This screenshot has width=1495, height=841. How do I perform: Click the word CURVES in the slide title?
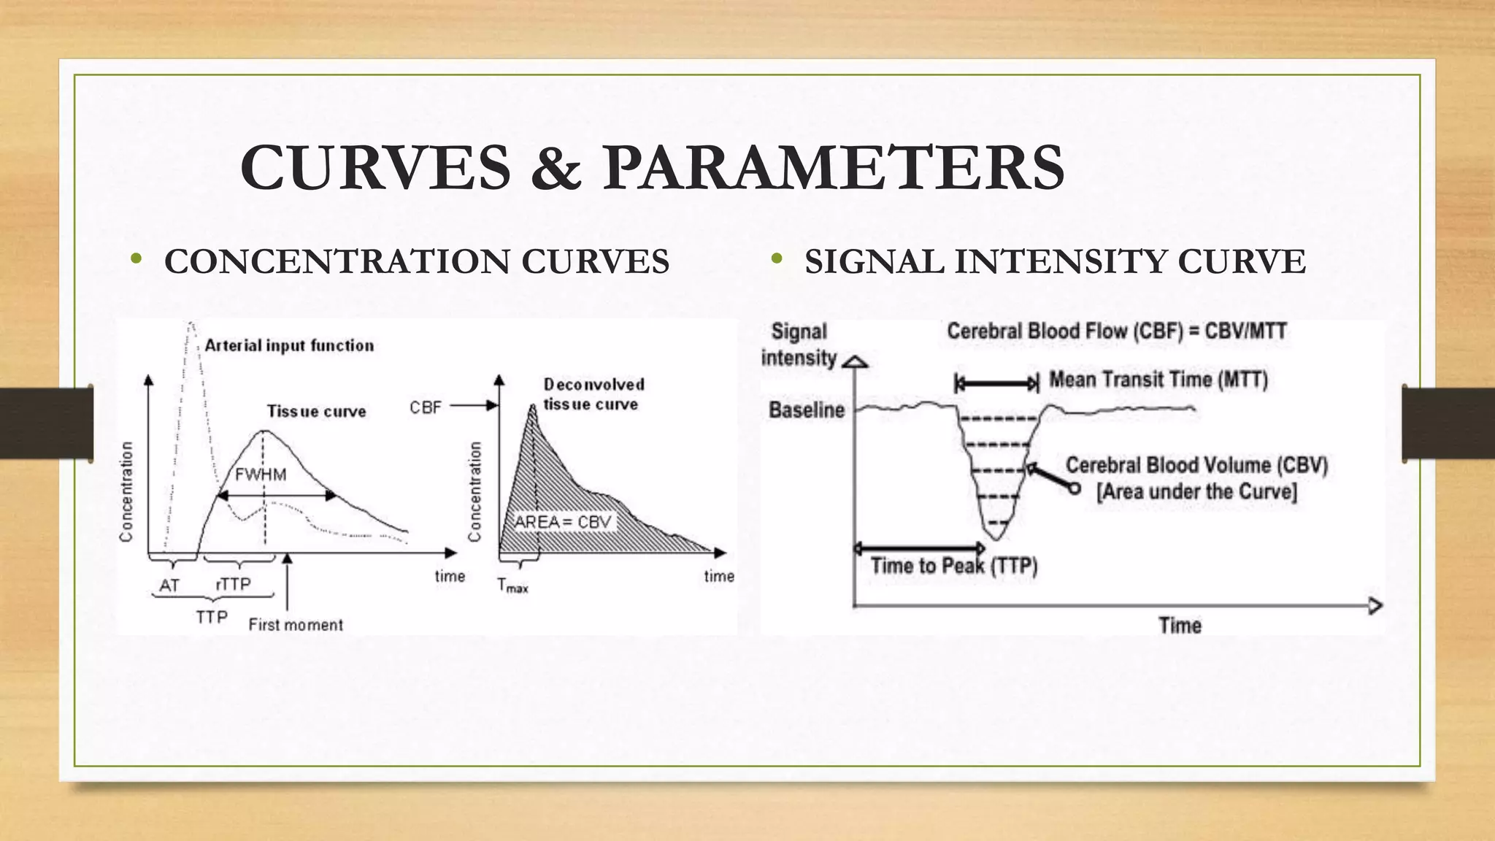(375, 167)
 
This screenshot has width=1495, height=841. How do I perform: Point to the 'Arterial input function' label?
(289, 345)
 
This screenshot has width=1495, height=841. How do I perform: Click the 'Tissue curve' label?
(316, 411)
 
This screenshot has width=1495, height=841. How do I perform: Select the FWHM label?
(261, 475)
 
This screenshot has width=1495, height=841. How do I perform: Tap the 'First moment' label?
(296, 625)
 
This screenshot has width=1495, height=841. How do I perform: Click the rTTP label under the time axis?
(234, 584)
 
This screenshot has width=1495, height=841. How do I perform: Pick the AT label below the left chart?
(169, 585)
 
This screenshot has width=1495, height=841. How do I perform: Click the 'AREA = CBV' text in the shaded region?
(563, 522)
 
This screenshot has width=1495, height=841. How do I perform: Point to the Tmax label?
(512, 585)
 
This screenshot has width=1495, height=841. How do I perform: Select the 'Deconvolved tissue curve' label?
(593, 394)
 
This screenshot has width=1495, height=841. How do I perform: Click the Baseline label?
(806, 410)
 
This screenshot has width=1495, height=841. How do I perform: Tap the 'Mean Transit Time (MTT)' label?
(1158, 380)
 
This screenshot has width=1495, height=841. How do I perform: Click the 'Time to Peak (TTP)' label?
(954, 566)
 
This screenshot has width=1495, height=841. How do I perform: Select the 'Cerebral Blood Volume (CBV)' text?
(1196, 465)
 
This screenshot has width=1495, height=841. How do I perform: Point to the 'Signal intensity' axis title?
(799, 345)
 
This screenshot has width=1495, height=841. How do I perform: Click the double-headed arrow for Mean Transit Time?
(996, 383)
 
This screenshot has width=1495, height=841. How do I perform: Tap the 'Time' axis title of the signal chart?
(1180, 625)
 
